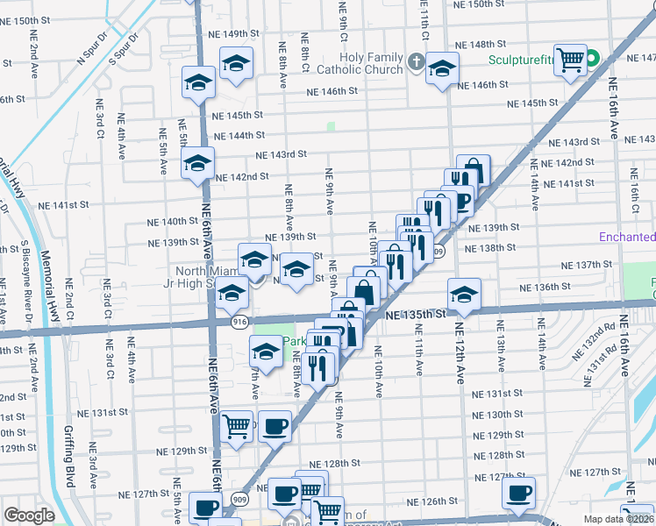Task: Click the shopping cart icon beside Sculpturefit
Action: [x=571, y=60]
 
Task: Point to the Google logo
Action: [x=29, y=515]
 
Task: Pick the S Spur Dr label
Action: [x=125, y=50]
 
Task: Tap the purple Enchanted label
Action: [x=627, y=238]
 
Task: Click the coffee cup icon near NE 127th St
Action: [x=518, y=492]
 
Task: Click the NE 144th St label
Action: [x=243, y=135]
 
